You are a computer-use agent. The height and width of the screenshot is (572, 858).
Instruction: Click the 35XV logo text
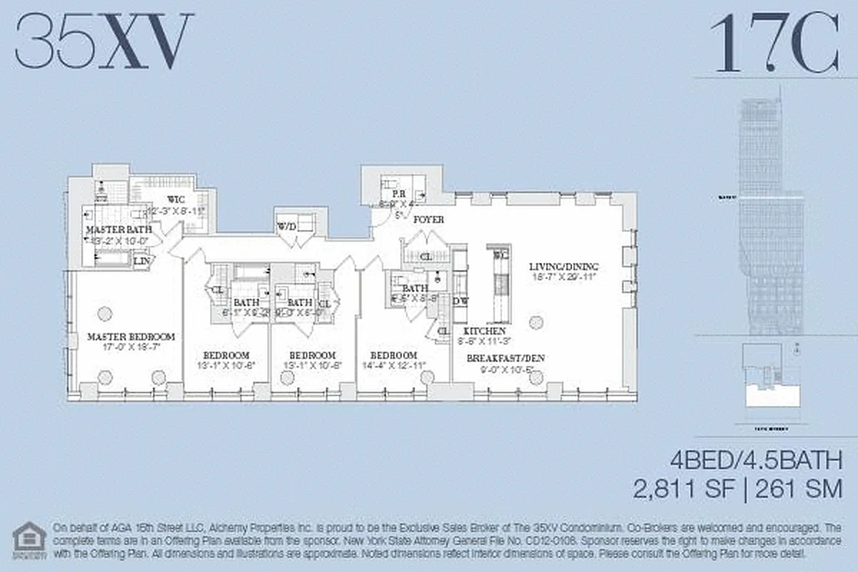pos(105,43)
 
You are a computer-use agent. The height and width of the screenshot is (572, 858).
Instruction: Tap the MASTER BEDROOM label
pos(131,336)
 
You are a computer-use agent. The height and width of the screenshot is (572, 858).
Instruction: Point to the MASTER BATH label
pos(117,230)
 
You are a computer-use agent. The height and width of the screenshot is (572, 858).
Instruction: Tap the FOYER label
pos(428,220)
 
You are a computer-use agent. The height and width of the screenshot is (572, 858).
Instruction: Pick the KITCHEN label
pos(485,331)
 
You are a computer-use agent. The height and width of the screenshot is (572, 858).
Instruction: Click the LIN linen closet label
pos(142,261)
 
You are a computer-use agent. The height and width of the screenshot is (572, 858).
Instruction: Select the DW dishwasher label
pos(461,301)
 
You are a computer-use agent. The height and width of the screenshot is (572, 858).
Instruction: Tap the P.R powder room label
pos(394,193)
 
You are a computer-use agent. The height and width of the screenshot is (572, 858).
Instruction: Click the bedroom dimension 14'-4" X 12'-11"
pos(393,365)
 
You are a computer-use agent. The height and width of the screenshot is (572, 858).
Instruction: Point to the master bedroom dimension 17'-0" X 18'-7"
pos(131,346)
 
